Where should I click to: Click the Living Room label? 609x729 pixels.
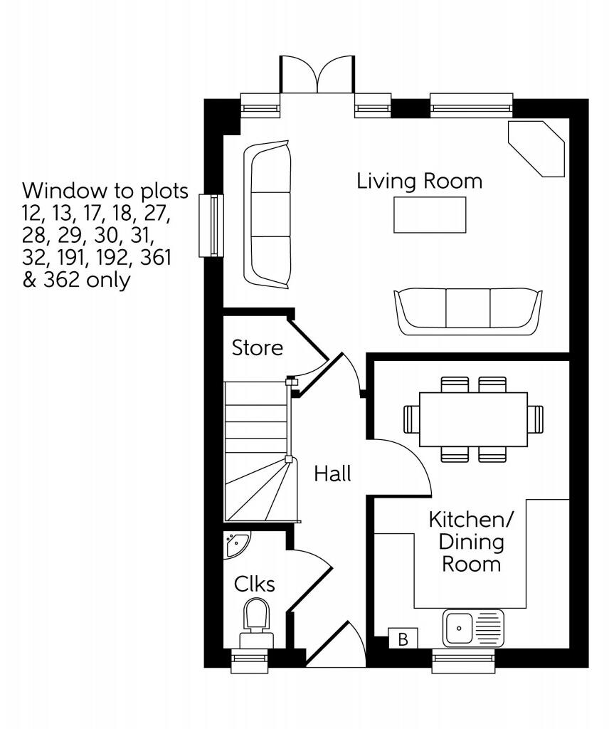pos(419,181)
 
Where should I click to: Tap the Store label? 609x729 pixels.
pos(258,348)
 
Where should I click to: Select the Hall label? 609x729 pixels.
pos(332,473)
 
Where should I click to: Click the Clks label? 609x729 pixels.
pos(255,584)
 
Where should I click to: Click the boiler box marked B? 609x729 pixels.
pos(403,639)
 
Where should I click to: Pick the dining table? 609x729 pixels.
pos(473,419)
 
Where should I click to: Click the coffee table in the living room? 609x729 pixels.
pos(430,214)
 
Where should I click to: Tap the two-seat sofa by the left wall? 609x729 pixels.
pos(268,214)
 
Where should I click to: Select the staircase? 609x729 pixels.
pos(258,452)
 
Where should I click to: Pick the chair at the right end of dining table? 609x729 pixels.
pos(535,419)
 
